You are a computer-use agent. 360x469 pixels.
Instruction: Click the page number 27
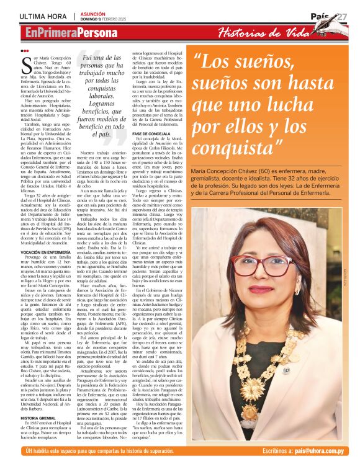[342, 15]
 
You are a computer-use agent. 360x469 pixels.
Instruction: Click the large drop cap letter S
[25, 64]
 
